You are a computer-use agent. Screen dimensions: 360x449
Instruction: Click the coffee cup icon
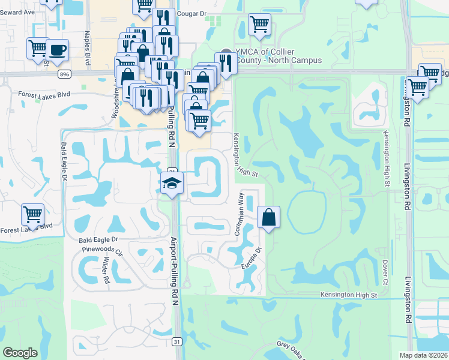point(58,49)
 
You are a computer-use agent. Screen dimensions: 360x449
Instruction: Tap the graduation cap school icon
point(171,183)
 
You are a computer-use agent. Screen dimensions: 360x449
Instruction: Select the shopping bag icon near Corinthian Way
point(269,217)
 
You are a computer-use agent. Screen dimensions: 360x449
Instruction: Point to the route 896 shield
point(64,74)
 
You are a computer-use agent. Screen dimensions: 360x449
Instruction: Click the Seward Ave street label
point(18,11)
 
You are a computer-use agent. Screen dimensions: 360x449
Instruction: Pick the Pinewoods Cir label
point(100,247)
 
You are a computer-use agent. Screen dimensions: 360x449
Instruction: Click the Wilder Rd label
point(106,271)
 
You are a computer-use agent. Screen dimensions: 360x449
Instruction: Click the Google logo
point(20,353)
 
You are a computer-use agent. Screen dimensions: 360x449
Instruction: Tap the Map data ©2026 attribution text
point(423,355)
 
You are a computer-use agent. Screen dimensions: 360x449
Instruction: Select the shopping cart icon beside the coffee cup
point(38,48)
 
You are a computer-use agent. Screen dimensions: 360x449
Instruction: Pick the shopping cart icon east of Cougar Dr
point(259,25)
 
